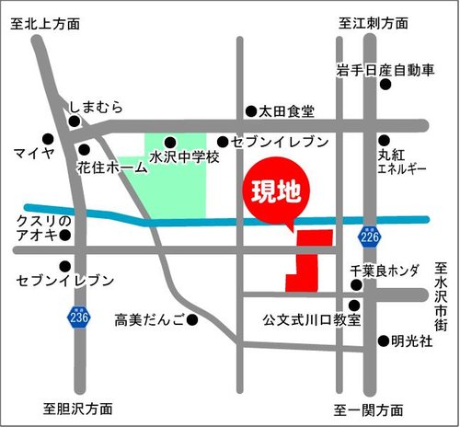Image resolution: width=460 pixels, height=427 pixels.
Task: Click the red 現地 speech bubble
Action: point(277,192)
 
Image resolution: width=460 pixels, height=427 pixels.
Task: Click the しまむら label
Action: point(96,108)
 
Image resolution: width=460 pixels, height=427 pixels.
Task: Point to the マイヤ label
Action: point(36,150)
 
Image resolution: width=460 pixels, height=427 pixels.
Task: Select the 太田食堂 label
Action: point(287,111)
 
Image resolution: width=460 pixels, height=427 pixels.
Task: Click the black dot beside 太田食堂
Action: point(250,111)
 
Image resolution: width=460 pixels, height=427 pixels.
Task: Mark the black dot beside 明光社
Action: point(383,340)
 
